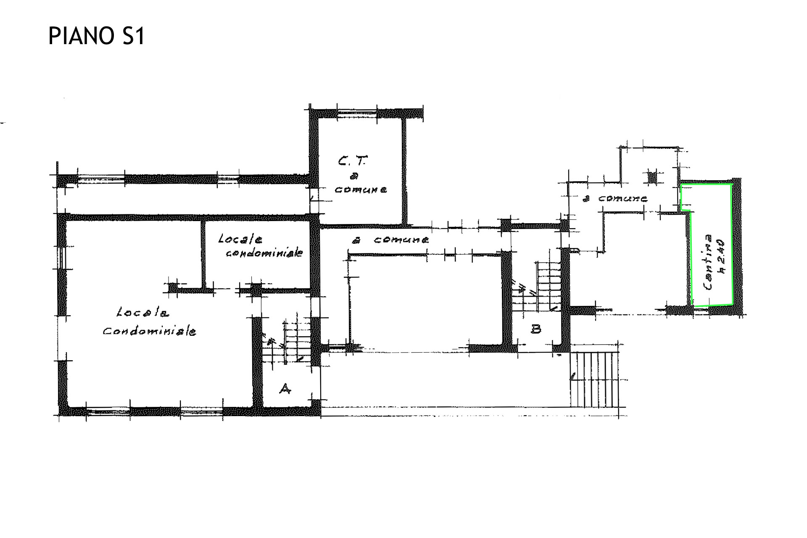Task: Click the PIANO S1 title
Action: (x=97, y=36)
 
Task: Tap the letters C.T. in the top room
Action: (x=352, y=161)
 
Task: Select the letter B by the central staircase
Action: (x=536, y=329)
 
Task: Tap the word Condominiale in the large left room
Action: (x=150, y=331)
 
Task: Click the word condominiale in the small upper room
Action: (x=265, y=253)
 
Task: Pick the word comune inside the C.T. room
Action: (x=361, y=190)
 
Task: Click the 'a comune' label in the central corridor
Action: (x=390, y=240)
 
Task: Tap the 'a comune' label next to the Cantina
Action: (x=614, y=198)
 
